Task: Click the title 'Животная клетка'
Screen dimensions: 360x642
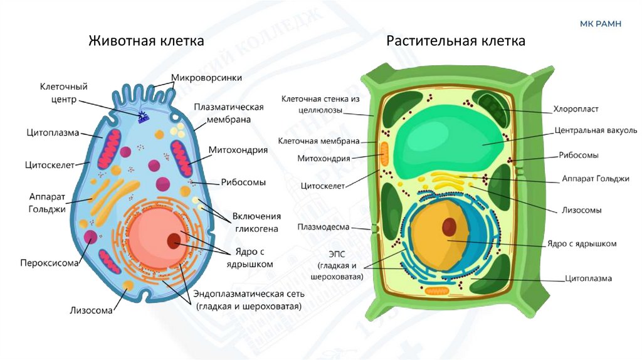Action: click(x=146, y=41)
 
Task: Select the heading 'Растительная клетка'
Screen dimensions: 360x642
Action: click(x=456, y=41)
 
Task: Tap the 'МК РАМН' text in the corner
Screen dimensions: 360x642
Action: click(x=601, y=24)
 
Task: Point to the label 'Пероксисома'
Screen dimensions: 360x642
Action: click(x=50, y=263)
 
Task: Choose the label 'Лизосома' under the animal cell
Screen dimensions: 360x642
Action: click(x=92, y=310)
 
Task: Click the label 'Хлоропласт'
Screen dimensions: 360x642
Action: click(x=576, y=109)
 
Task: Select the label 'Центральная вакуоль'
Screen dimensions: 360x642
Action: click(x=596, y=130)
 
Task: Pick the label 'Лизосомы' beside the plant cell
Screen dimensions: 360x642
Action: click(x=582, y=210)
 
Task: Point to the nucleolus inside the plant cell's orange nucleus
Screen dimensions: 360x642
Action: click(x=450, y=226)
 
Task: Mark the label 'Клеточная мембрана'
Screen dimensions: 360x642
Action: click(x=318, y=141)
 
